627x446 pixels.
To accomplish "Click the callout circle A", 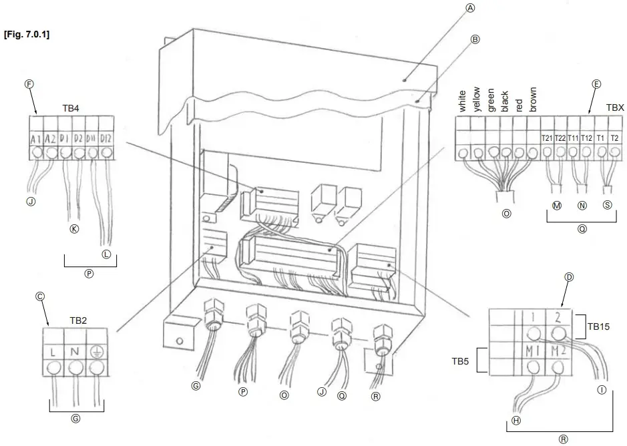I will click(x=470, y=9).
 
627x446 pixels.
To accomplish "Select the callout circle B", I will click(x=475, y=39).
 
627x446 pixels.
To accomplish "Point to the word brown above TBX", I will click(x=532, y=98).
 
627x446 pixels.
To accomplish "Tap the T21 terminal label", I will click(x=546, y=138).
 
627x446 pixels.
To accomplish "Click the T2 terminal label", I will click(x=614, y=138).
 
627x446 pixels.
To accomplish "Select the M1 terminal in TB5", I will click(x=532, y=352).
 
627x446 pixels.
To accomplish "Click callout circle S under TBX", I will click(x=606, y=206).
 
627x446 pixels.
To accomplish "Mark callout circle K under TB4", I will click(x=74, y=230).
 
